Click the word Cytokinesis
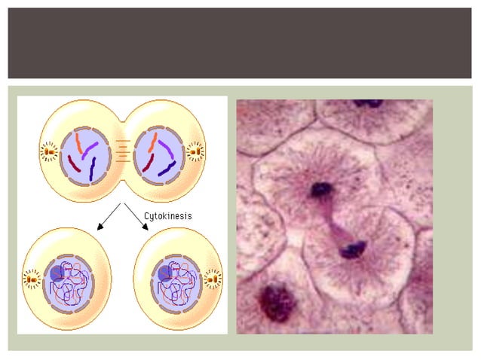(167, 215)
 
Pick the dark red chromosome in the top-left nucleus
(75, 163)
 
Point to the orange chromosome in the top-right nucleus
(152, 142)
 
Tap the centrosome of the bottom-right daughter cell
(213, 280)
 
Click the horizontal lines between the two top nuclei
(122, 152)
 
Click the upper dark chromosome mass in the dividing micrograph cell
(322, 189)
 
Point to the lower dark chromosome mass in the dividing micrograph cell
(351, 249)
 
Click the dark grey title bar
(240, 43)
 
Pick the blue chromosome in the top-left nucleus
(92, 167)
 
